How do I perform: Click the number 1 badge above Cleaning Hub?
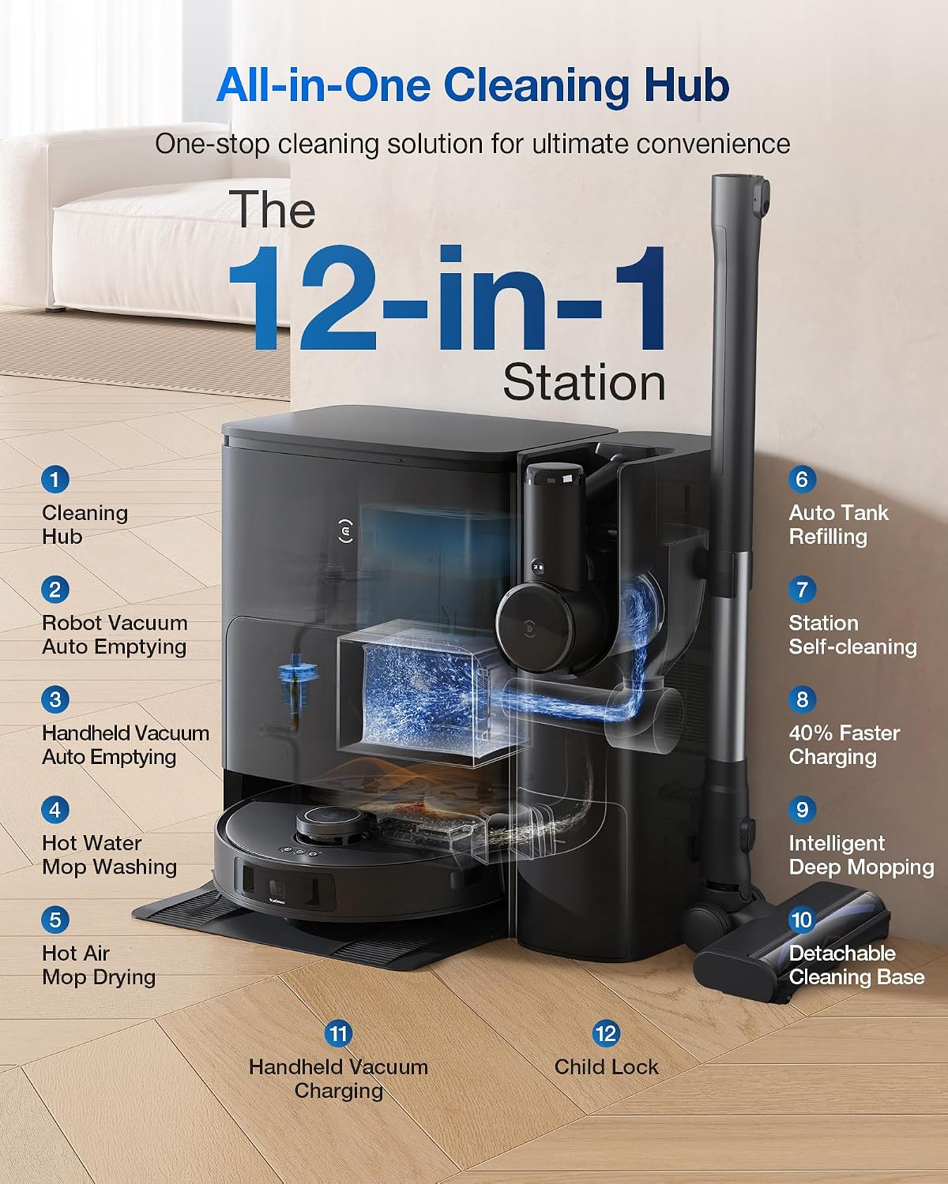(x=55, y=479)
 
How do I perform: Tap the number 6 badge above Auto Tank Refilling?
(x=802, y=479)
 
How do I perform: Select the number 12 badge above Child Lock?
(x=606, y=1034)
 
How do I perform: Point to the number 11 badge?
(x=338, y=1034)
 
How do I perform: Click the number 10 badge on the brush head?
(x=802, y=920)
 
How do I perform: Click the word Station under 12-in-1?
(x=584, y=383)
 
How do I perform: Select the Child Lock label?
(x=606, y=1067)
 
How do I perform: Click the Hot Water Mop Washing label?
(x=109, y=855)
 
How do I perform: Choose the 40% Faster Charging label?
(x=844, y=745)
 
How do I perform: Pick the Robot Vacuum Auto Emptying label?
(x=115, y=635)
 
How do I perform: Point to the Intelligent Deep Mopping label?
(x=862, y=855)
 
